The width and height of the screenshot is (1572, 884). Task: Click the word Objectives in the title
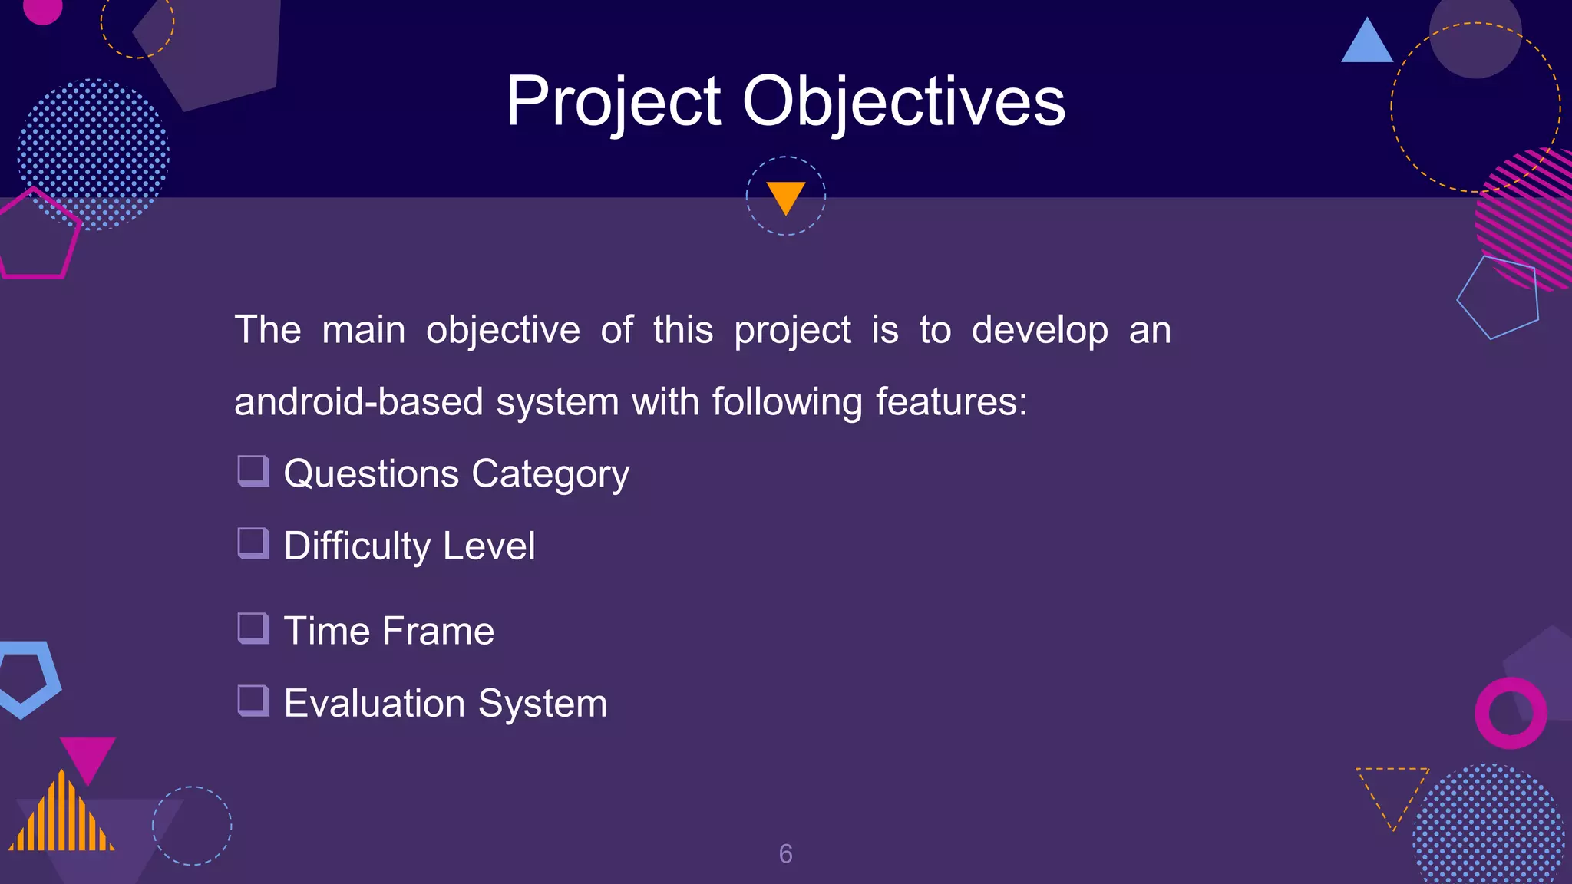click(x=903, y=101)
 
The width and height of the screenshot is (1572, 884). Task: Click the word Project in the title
click(x=613, y=101)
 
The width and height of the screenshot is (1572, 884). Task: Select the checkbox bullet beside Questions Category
click(x=253, y=471)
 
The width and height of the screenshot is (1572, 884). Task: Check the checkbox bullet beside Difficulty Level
click(x=253, y=543)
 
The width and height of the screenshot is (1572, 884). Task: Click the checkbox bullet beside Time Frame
click(x=253, y=628)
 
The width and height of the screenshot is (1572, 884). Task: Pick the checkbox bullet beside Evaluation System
click(x=253, y=701)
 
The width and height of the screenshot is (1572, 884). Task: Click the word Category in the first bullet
click(x=550, y=474)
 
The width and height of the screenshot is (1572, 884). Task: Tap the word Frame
click(x=438, y=631)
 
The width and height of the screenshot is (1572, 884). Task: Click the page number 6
click(x=785, y=853)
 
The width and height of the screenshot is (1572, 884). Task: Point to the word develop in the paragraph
click(x=1039, y=330)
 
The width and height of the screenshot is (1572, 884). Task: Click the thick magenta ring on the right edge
click(x=1511, y=714)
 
